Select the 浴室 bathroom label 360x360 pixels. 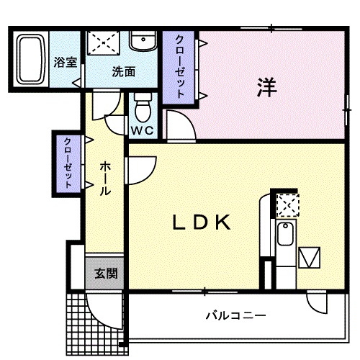pos(66,63)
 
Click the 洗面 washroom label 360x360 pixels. pos(124,71)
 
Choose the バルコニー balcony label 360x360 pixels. pos(235,315)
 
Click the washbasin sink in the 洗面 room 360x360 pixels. pos(143,42)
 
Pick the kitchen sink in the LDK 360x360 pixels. pos(285,235)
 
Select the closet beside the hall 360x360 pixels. pos(68,163)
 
